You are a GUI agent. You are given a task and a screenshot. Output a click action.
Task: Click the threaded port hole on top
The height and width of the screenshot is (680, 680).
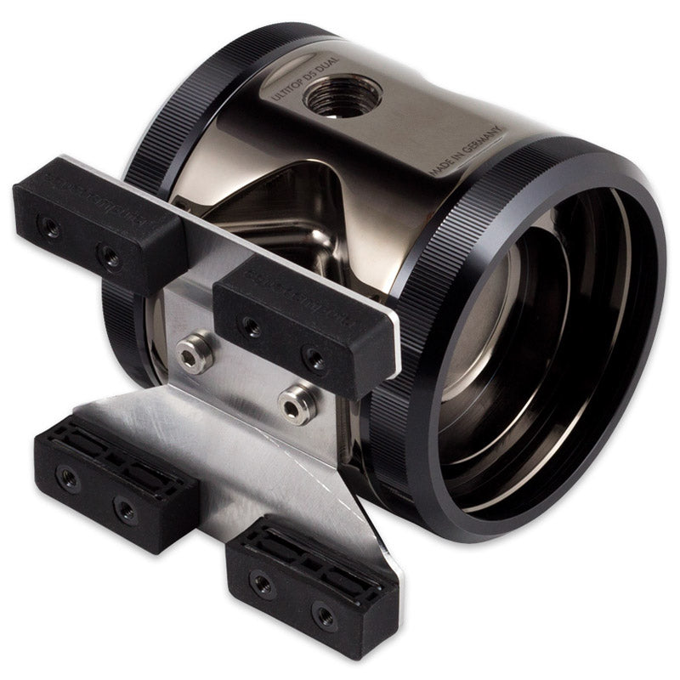[x=342, y=95]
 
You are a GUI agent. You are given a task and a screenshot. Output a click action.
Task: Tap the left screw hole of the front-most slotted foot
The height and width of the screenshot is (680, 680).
[x=261, y=584]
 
